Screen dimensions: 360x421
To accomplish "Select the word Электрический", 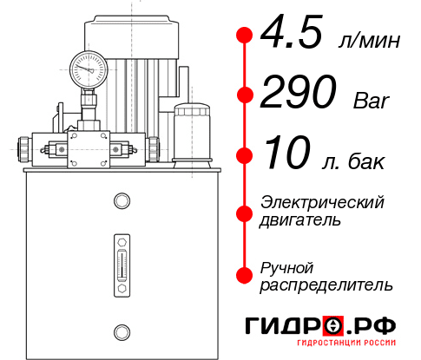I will click(x=322, y=202).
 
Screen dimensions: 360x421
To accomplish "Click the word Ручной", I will click(x=287, y=266).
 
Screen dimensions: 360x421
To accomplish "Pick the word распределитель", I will click(x=326, y=285).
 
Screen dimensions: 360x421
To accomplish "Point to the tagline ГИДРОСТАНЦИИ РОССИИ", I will click(x=331, y=348).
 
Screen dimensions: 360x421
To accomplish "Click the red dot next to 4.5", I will click(x=245, y=35).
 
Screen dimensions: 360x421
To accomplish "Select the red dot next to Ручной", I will click(x=245, y=275).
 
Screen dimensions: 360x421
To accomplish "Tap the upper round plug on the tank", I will click(x=121, y=202).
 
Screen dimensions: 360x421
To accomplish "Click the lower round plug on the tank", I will click(x=121, y=330).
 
